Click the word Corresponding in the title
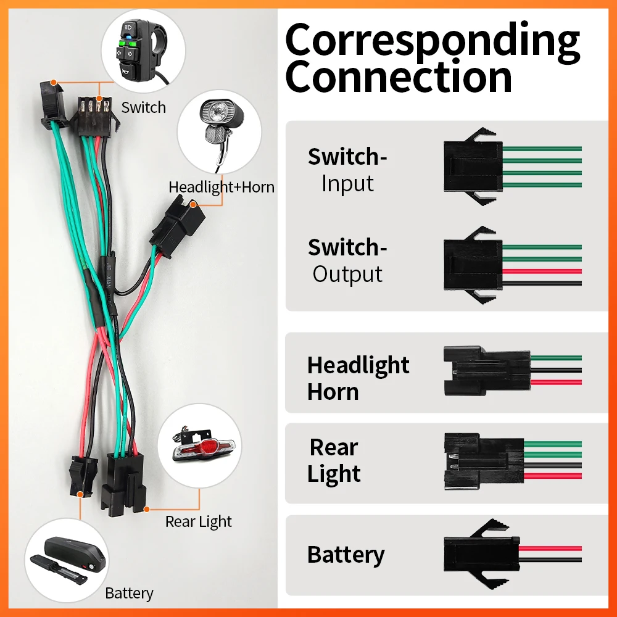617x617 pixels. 432,40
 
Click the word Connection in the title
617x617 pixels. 399,77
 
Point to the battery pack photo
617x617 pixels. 66,558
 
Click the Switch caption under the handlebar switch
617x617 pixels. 143,107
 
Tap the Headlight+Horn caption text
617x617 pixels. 222,186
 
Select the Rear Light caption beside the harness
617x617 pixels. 198,522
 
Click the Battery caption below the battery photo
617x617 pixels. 129,594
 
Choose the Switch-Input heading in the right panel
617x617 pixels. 347,170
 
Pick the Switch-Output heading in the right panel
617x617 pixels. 347,260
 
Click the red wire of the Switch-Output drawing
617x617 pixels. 543,271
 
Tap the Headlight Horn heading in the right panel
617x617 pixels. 358,378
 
